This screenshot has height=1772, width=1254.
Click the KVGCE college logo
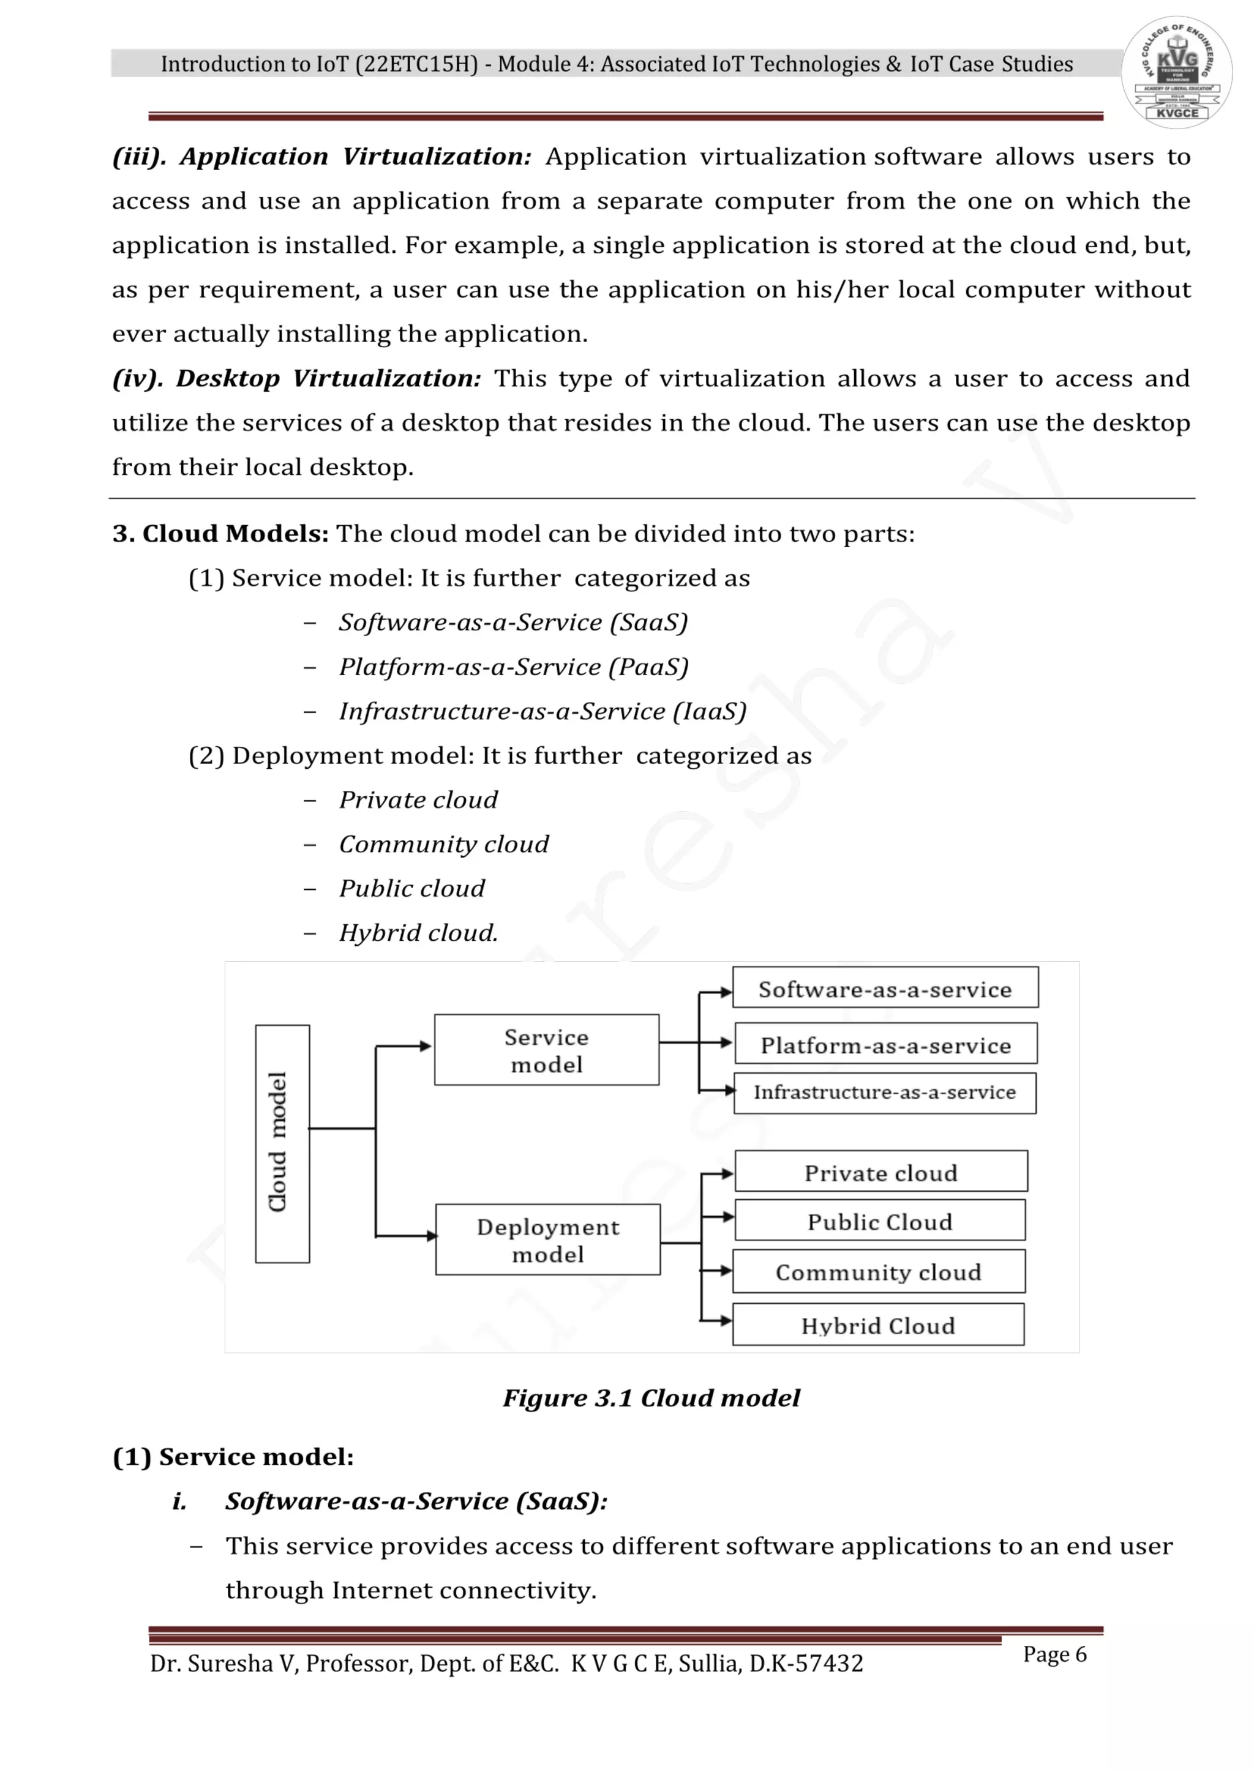click(x=1176, y=72)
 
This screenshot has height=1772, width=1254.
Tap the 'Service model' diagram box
click(x=547, y=1050)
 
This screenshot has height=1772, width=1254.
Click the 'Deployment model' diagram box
click(x=547, y=1239)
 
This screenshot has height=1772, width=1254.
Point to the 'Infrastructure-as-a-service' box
click(x=885, y=1093)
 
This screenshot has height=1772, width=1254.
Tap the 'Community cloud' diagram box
click(x=879, y=1272)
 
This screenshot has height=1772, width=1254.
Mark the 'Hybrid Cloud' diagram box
click(x=878, y=1325)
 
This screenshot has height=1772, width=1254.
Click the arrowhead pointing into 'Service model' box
click(x=426, y=1047)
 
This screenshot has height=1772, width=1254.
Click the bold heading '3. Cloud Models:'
click(x=221, y=533)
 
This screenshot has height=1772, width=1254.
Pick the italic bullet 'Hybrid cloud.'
click(x=419, y=933)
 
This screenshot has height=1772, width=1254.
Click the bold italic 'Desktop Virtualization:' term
click(x=329, y=378)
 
